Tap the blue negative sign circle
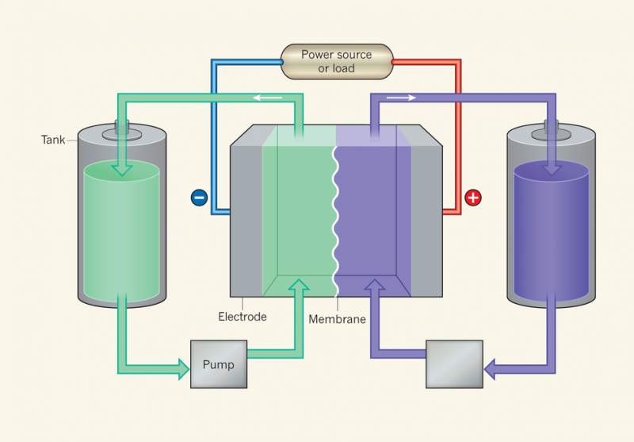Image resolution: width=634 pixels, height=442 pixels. [199, 197]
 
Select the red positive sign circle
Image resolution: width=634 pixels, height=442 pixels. [473, 197]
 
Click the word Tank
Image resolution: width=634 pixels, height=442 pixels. [53, 140]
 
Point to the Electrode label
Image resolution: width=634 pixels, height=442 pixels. [243, 317]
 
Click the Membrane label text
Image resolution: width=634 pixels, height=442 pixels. [337, 320]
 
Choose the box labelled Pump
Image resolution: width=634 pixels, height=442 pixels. [218, 364]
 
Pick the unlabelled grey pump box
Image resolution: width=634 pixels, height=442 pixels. [454, 364]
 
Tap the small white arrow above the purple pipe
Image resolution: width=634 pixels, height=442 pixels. [400, 98]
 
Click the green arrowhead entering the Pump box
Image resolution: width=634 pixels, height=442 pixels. [181, 367]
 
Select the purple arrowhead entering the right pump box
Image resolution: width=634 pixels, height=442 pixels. [492, 367]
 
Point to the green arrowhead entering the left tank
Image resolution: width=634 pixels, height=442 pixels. [122, 168]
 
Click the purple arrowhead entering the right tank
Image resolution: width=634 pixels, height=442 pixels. [552, 168]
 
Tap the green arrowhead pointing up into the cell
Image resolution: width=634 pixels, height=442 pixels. [298, 286]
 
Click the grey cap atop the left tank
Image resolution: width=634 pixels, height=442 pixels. [122, 127]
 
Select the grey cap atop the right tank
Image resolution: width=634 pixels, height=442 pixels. [552, 127]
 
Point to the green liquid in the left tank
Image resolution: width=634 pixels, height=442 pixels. [121, 230]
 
